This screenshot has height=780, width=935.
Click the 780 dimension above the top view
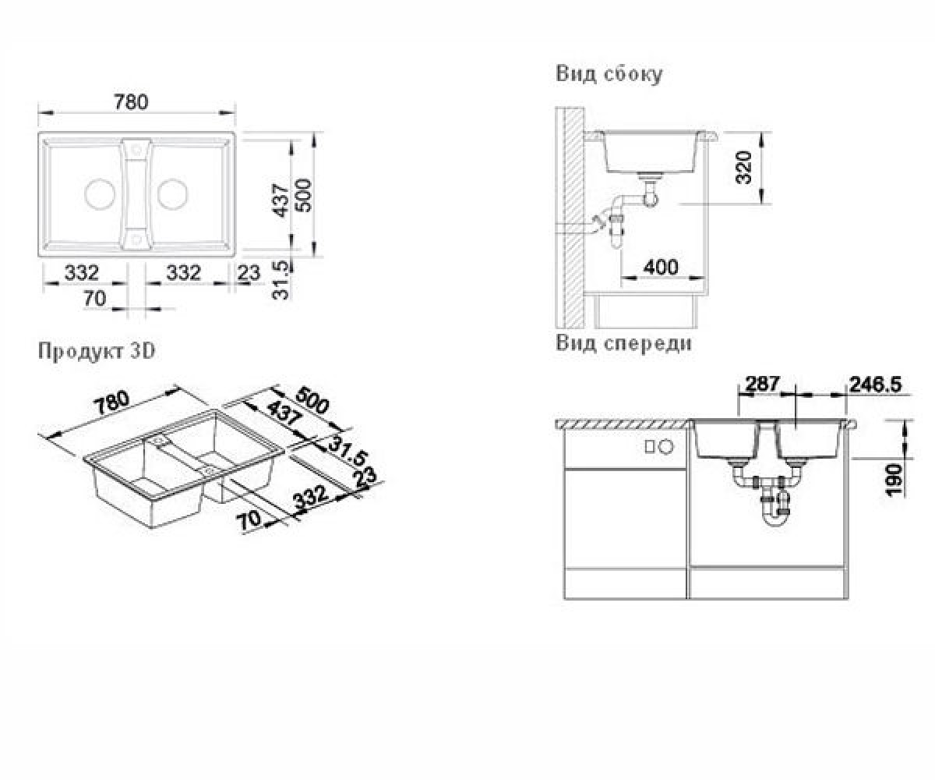(131, 102)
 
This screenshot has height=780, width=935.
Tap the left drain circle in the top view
(100, 193)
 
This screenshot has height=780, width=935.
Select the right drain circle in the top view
(172, 193)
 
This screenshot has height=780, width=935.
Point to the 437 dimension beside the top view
(281, 200)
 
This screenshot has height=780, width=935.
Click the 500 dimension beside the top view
(304, 196)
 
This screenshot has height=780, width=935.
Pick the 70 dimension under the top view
(94, 299)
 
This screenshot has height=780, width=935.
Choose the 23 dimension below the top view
(249, 272)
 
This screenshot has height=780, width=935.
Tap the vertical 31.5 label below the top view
(281, 280)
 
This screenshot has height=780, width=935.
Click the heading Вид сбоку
(609, 74)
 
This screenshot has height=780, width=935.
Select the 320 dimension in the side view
(744, 168)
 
